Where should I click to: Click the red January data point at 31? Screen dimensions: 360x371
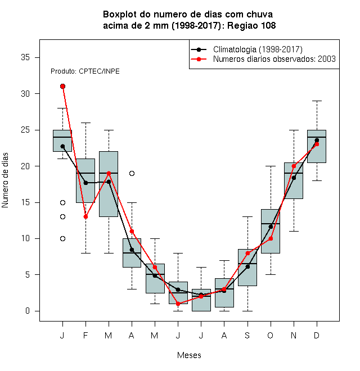(x=63, y=87)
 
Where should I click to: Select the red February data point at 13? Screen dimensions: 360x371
(x=85, y=217)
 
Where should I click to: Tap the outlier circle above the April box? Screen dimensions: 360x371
(x=132, y=174)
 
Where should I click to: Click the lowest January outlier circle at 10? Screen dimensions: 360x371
(x=63, y=238)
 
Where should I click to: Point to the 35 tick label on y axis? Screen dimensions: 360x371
(x=25, y=57)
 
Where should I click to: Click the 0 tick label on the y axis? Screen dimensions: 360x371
(x=28, y=311)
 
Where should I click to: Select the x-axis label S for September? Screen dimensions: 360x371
(x=247, y=335)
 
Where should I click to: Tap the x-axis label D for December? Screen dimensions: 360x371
(x=317, y=335)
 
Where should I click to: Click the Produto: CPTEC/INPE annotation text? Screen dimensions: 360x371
(x=85, y=71)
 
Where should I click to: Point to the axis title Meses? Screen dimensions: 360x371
(x=189, y=355)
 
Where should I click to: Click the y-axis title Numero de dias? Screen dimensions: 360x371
(x=5, y=180)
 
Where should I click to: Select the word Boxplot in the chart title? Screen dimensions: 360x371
(x=120, y=15)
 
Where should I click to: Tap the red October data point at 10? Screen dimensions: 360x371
(x=271, y=238)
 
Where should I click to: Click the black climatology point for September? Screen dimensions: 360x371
(x=247, y=266)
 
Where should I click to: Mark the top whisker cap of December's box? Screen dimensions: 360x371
(x=317, y=101)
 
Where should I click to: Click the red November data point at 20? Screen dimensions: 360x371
(x=294, y=166)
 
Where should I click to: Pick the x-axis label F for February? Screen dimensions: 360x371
(x=85, y=335)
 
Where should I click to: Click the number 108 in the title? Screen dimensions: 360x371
(x=268, y=25)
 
